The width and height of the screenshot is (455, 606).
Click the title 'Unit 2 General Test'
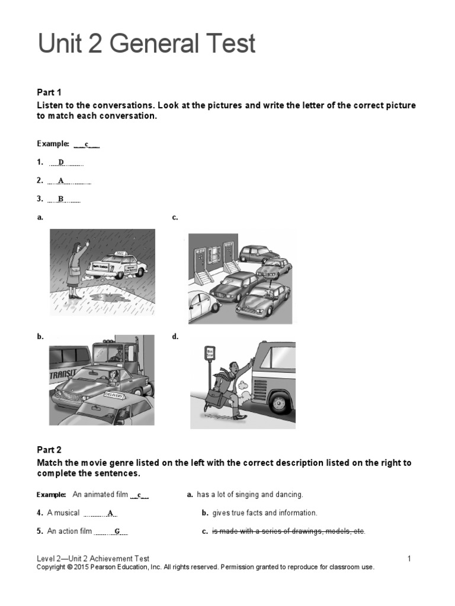(146, 44)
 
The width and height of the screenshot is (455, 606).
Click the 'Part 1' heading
(49, 92)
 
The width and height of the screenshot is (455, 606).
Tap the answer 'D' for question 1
(61, 162)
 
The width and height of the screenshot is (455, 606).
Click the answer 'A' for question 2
(61, 180)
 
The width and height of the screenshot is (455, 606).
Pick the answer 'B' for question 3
(61, 199)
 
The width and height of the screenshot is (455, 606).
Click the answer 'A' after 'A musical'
(111, 513)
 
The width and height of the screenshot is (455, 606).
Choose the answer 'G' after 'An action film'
(117, 531)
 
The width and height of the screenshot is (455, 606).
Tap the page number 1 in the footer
(409, 558)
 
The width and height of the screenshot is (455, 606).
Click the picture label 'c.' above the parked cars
(175, 218)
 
